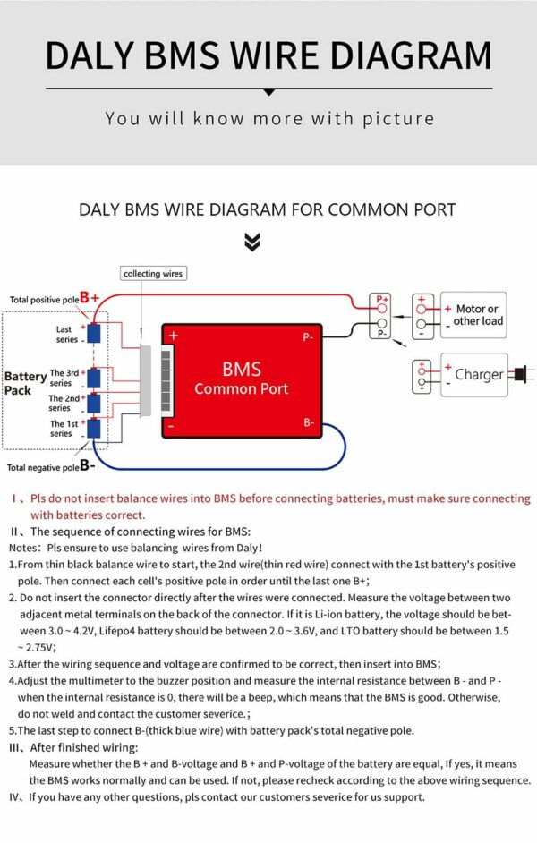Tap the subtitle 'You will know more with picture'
(x=268, y=118)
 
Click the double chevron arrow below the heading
(x=252, y=242)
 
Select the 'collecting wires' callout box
(x=153, y=273)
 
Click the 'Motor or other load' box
(x=473, y=315)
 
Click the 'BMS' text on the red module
(x=241, y=369)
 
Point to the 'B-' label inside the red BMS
(x=308, y=422)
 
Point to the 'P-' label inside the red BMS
(x=307, y=337)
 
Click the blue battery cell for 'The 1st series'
(x=92, y=428)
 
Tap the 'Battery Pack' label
(x=24, y=384)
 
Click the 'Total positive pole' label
(x=44, y=299)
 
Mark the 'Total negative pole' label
(x=43, y=467)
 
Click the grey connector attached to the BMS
(x=147, y=381)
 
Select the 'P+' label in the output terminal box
(x=382, y=300)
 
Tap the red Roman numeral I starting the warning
(x=15, y=498)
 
